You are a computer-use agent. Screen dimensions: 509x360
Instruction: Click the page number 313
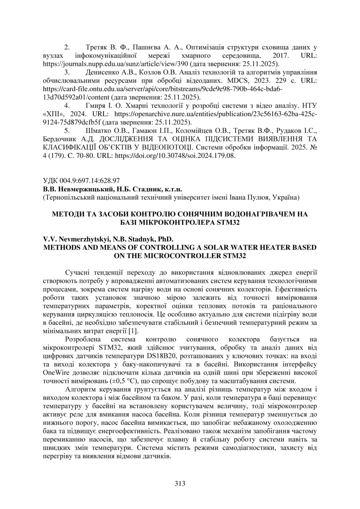pyautogui.click(x=180, y=483)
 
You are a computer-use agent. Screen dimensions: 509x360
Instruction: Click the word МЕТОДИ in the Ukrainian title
pyautogui.click(x=67, y=214)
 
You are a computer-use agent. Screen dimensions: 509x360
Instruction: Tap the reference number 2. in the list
pyautogui.click(x=68, y=47)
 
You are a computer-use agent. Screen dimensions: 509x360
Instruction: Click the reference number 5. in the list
pyautogui.click(x=68, y=131)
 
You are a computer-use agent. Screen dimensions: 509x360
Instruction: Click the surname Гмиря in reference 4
pyautogui.click(x=95, y=106)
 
